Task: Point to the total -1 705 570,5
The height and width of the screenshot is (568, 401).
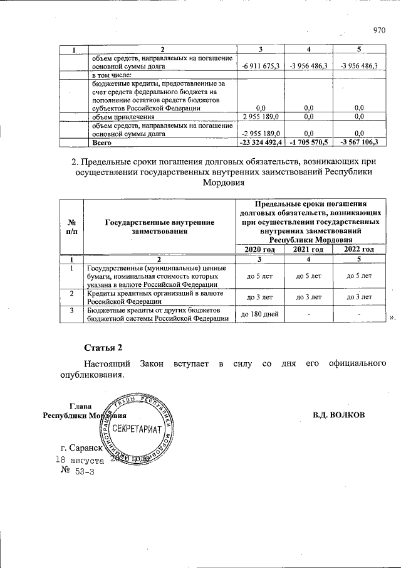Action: (x=308, y=143)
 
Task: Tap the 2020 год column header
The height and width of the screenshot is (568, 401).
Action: (x=260, y=249)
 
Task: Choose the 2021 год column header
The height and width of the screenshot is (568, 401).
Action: (x=308, y=249)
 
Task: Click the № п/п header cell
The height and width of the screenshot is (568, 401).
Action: (x=71, y=227)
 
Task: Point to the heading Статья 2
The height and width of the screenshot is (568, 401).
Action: (x=102, y=347)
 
